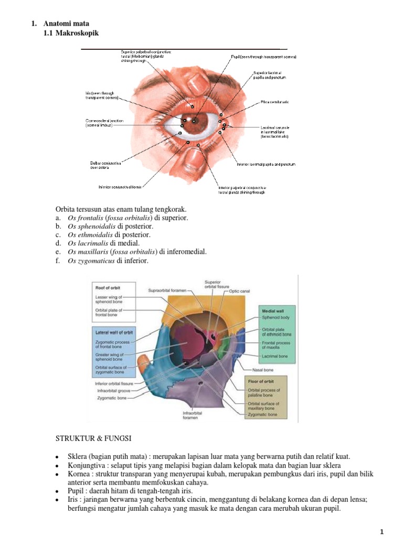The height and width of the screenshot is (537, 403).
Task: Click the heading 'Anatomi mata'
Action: point(67,24)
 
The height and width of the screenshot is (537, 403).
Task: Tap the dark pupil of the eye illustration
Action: point(194,121)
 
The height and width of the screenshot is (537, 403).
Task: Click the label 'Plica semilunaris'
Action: point(274,102)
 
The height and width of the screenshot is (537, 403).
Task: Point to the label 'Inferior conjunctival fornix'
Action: point(120,186)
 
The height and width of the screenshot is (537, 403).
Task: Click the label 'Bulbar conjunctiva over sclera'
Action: point(105,165)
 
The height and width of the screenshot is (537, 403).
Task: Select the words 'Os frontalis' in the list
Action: point(85,218)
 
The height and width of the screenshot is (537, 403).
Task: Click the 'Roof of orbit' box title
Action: point(109,287)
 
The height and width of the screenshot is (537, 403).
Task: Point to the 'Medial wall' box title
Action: point(272,311)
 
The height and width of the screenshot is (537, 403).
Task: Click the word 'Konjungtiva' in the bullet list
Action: point(85,466)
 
